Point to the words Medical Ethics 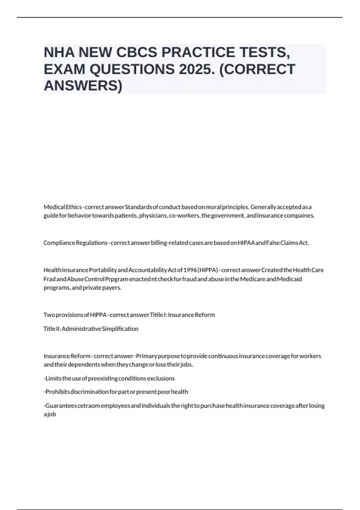[x=62, y=207]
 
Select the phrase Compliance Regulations [x=75, y=243]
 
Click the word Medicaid [x=289, y=279]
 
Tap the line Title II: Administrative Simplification [x=91, y=329]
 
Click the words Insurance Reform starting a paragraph [x=67, y=356]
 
